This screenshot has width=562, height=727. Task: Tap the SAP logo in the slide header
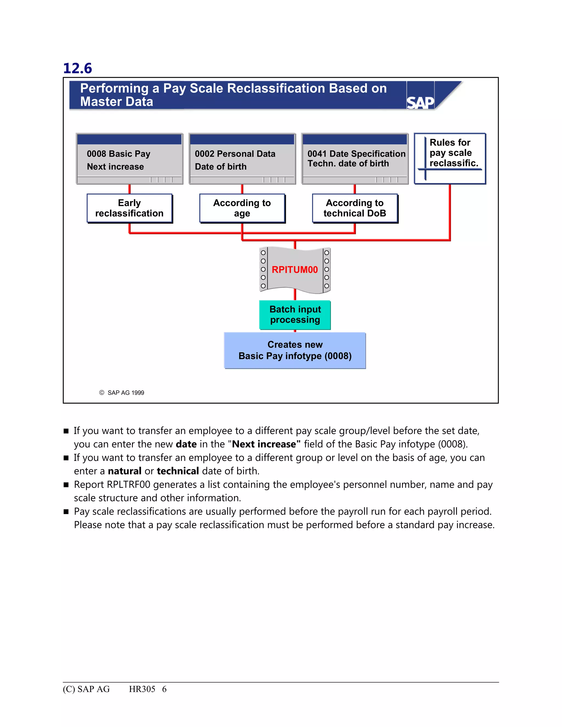point(420,102)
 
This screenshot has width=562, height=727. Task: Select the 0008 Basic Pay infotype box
point(130,159)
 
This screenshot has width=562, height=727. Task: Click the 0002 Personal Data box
point(242,159)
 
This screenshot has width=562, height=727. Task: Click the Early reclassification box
point(130,208)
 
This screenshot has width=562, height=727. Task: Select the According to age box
point(242,208)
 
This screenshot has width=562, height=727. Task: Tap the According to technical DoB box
point(355,208)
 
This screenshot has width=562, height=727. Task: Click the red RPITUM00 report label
point(295,270)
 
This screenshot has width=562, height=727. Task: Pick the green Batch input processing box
point(295,315)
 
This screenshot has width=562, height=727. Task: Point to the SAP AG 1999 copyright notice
point(122,393)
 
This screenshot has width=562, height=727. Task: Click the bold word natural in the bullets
point(125,471)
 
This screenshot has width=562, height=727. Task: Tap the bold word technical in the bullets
point(178,471)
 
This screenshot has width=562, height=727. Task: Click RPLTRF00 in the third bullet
point(129,485)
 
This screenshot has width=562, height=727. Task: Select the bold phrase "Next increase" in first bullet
point(266,444)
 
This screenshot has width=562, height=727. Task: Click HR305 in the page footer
point(142,689)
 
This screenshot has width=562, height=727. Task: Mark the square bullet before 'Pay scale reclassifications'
point(66,512)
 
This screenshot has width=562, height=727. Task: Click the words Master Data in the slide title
point(117,102)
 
